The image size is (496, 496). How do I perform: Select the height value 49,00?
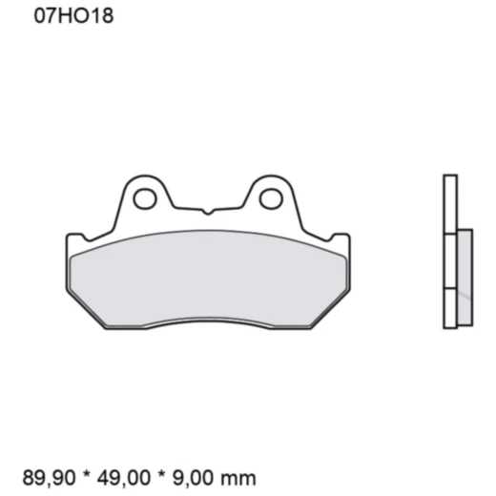click(x=130, y=477)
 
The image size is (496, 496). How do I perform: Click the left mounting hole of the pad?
click(x=145, y=198)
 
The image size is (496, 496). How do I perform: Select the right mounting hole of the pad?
click(x=270, y=198)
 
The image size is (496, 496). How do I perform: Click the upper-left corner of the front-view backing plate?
click(x=69, y=237)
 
